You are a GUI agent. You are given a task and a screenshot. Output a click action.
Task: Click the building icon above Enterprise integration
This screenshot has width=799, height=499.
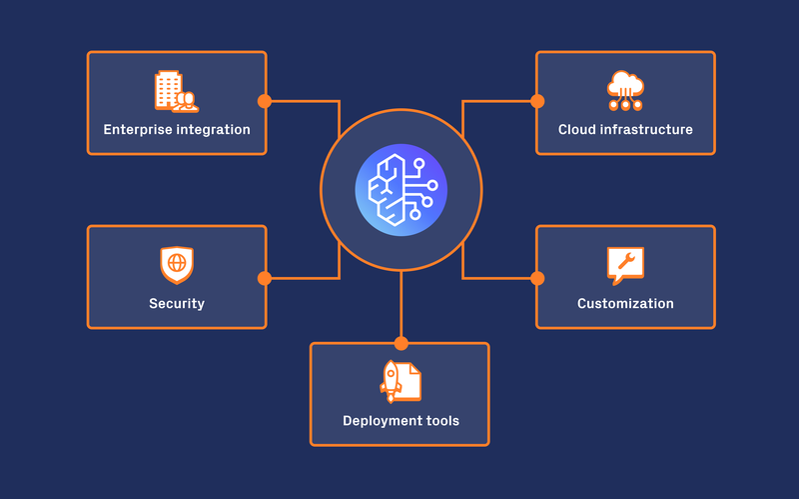tap(176, 90)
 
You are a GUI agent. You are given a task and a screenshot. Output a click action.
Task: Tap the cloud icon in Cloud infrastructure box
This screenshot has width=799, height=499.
tap(625, 90)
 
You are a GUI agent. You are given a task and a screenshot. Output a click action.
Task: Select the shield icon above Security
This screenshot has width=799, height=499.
tap(177, 265)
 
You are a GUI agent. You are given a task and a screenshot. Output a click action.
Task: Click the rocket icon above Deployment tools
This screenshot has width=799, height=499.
tap(399, 381)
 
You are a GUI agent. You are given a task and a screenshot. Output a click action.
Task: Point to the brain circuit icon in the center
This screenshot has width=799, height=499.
tap(400, 189)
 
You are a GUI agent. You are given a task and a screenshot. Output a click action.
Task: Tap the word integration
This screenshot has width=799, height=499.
tap(215, 130)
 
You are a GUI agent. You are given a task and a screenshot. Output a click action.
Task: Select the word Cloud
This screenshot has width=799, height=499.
tap(577, 130)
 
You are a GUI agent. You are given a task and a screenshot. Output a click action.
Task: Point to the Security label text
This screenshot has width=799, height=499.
tap(177, 304)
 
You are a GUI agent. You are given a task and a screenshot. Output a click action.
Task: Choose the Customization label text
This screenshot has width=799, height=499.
tap(625, 304)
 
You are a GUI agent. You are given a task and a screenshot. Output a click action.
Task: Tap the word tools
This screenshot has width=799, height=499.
tap(440, 421)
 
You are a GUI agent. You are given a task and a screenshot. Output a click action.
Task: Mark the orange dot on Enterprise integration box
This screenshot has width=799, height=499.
tap(265, 101)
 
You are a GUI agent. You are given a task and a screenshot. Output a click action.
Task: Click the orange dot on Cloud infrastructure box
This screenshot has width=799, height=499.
tap(537, 101)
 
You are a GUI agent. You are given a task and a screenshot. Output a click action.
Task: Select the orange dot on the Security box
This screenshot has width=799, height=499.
tap(265, 278)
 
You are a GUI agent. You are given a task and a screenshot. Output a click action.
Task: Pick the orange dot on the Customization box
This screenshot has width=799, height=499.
tap(537, 278)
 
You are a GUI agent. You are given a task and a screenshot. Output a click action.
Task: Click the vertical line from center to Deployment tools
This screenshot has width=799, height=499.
tap(400, 305)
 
